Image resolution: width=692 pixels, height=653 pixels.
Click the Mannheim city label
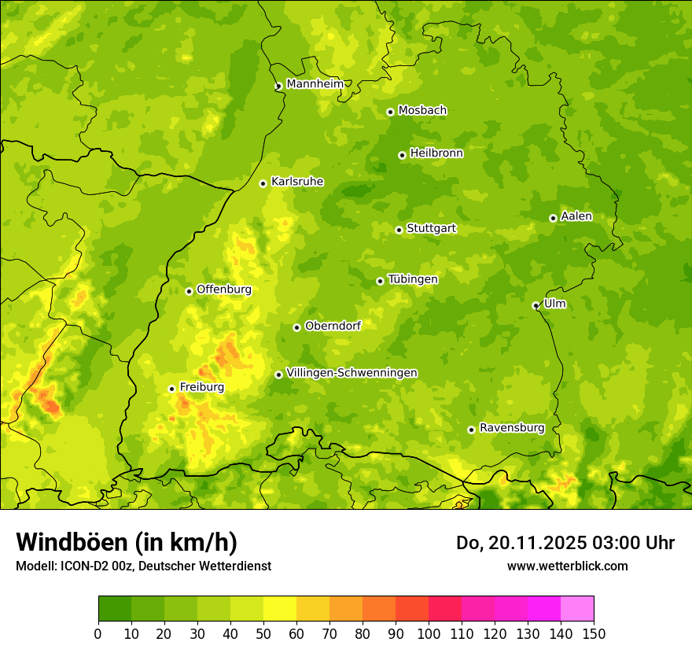tap(315, 84)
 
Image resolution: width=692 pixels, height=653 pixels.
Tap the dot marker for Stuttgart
tap(399, 230)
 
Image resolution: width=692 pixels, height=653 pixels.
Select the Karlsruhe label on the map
tap(297, 182)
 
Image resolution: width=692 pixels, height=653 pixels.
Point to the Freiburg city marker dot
tap(171, 389)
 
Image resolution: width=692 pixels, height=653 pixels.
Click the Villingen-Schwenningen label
tap(352, 373)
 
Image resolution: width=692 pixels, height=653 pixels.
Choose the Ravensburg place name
tap(511, 428)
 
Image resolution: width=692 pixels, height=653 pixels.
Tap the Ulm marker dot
tap(536, 305)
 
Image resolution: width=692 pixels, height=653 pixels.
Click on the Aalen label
tap(576, 216)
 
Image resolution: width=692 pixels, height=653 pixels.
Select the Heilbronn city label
tap(436, 153)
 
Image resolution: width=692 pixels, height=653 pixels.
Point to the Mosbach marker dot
tap(390, 112)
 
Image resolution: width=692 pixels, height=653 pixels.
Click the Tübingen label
tap(413, 279)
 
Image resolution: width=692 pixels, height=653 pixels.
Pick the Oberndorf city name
tap(333, 326)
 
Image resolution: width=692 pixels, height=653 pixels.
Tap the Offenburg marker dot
tap(189, 291)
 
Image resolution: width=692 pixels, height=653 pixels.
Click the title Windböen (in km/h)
tap(127, 542)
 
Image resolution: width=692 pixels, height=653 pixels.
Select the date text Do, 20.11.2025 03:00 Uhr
tap(565, 543)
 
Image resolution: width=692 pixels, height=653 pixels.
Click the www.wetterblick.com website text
tap(567, 566)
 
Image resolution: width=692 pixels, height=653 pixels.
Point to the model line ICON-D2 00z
tap(143, 566)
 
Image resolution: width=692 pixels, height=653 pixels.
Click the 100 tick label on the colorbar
tap(429, 634)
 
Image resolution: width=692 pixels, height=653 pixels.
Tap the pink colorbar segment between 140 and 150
tap(577, 609)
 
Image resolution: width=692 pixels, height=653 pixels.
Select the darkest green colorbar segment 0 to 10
tap(115, 609)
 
